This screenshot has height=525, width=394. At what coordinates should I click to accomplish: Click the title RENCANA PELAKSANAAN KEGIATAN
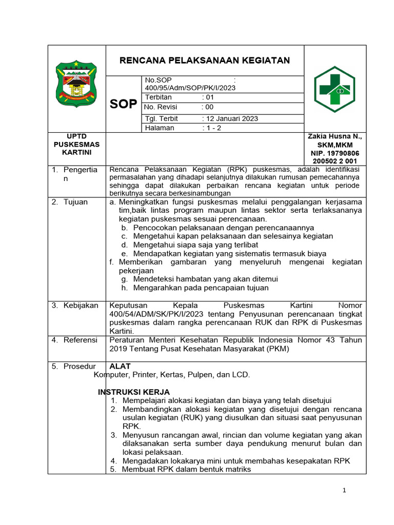click(204, 60)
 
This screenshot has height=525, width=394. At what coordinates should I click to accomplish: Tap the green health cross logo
click(334, 89)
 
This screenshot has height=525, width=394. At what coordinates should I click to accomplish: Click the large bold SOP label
click(123, 104)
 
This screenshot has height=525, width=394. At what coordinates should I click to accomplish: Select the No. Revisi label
click(161, 107)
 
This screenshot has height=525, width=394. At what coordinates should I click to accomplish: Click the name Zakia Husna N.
click(334, 136)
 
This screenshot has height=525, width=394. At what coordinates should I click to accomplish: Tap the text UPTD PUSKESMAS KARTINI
click(76, 145)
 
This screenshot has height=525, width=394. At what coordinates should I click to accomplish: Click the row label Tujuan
click(75, 202)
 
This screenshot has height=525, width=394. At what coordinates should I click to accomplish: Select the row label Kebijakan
click(81, 306)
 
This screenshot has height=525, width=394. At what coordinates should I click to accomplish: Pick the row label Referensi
click(80, 340)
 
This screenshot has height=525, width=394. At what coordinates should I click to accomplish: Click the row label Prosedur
click(80, 366)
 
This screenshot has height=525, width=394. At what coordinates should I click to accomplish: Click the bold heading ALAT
click(120, 366)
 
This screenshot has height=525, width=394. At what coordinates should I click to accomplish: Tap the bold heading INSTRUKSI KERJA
click(133, 392)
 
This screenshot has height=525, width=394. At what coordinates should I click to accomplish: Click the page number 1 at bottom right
click(345, 491)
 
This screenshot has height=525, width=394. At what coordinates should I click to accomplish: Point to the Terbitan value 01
click(209, 97)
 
